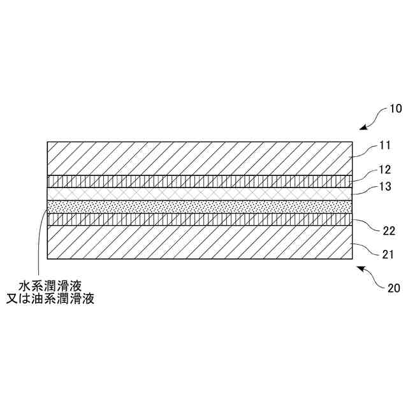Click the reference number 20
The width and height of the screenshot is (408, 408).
pos(394,286)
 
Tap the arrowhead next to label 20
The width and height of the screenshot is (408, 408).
pos(360,270)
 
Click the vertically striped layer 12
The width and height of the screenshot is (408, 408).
pos(191,181)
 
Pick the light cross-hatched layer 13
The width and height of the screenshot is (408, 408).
pos(191,193)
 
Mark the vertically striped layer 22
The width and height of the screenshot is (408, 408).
pos(191,219)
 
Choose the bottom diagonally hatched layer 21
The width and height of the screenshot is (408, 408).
pos(191,242)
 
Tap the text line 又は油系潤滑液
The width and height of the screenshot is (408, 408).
pos(57,300)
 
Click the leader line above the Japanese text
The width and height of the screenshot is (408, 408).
pos(40,242)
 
